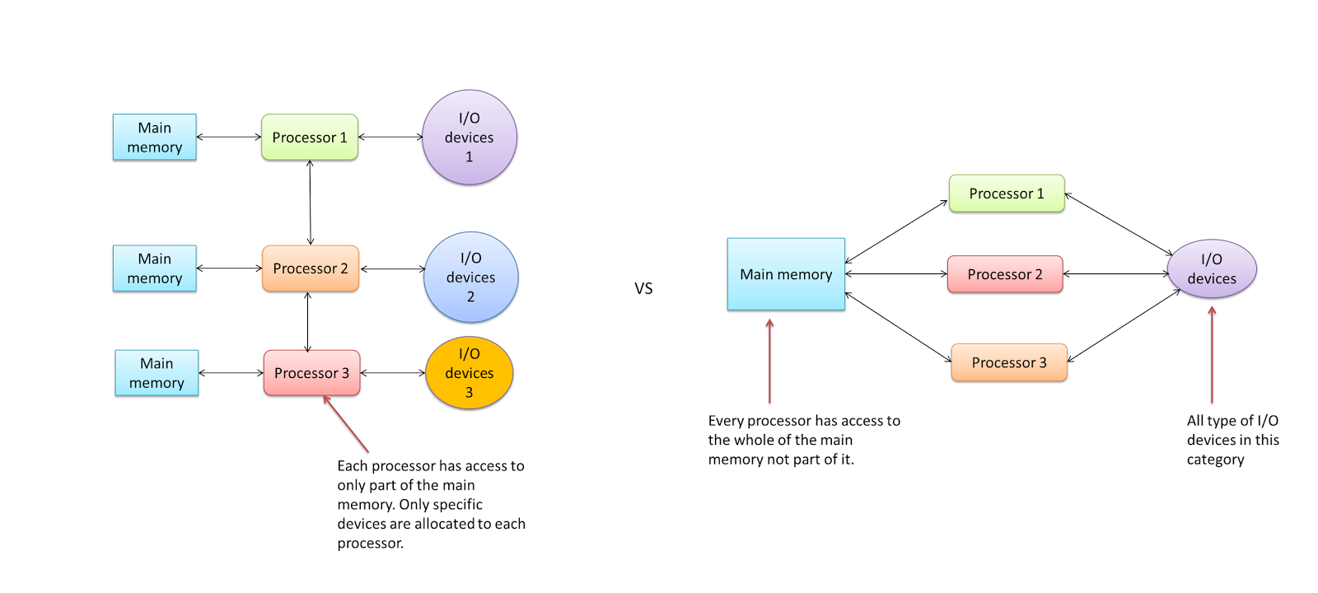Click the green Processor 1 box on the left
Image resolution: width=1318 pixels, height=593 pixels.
coord(310,137)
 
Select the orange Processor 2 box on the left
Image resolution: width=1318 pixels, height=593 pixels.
coord(311,268)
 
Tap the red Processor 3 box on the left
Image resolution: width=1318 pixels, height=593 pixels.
coord(311,373)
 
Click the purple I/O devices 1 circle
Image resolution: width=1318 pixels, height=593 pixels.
coord(470,138)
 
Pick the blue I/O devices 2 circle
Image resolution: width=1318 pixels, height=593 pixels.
coord(470,278)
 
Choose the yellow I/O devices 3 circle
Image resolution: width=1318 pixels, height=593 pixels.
coord(470,373)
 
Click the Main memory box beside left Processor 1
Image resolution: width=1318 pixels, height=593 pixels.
coord(155,138)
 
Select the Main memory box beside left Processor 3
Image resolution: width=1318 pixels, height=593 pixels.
coord(157,373)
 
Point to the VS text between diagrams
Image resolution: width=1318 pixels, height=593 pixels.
coord(643,288)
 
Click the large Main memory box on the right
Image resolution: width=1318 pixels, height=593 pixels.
coord(786,274)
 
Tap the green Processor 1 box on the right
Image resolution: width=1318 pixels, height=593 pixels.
coord(1007,194)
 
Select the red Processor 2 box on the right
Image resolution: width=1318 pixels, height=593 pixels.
coord(1005,274)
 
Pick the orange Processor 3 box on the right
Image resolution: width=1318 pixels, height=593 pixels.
coord(1009,362)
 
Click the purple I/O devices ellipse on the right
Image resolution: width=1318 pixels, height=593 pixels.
coord(1212,269)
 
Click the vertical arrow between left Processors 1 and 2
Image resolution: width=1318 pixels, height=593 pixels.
coord(310,203)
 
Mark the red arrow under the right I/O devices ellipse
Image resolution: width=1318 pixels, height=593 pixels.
coord(1212,354)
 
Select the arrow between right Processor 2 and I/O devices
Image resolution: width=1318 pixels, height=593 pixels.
coord(1116,274)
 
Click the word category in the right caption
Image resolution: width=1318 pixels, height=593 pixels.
coord(1215,460)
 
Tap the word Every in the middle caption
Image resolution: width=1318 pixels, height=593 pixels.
coord(726,421)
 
